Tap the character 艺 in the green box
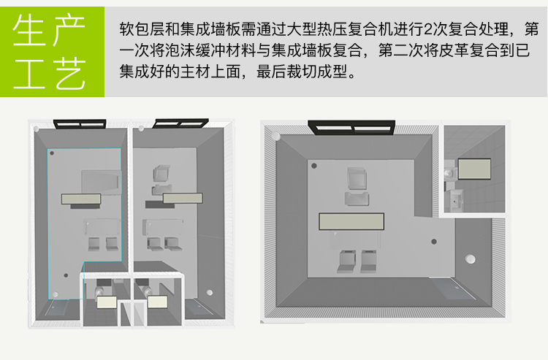coord(70,73)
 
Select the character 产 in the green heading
coord(70,30)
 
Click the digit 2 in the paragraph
coord(427,29)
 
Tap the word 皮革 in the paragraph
coord(454,51)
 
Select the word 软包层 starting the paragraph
coord(142,29)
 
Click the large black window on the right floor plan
coord(351,128)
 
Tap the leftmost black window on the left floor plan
coord(80,124)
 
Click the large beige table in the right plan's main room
coord(351,221)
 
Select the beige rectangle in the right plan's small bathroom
coord(474,169)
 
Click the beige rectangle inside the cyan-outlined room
coord(81,199)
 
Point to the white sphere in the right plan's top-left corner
coord(275,136)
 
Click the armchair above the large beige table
coord(357,178)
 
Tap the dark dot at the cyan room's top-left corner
coord(52,153)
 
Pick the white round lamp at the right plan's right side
coord(471,258)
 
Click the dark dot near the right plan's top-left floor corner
coord(314,166)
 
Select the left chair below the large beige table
coord(346,261)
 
